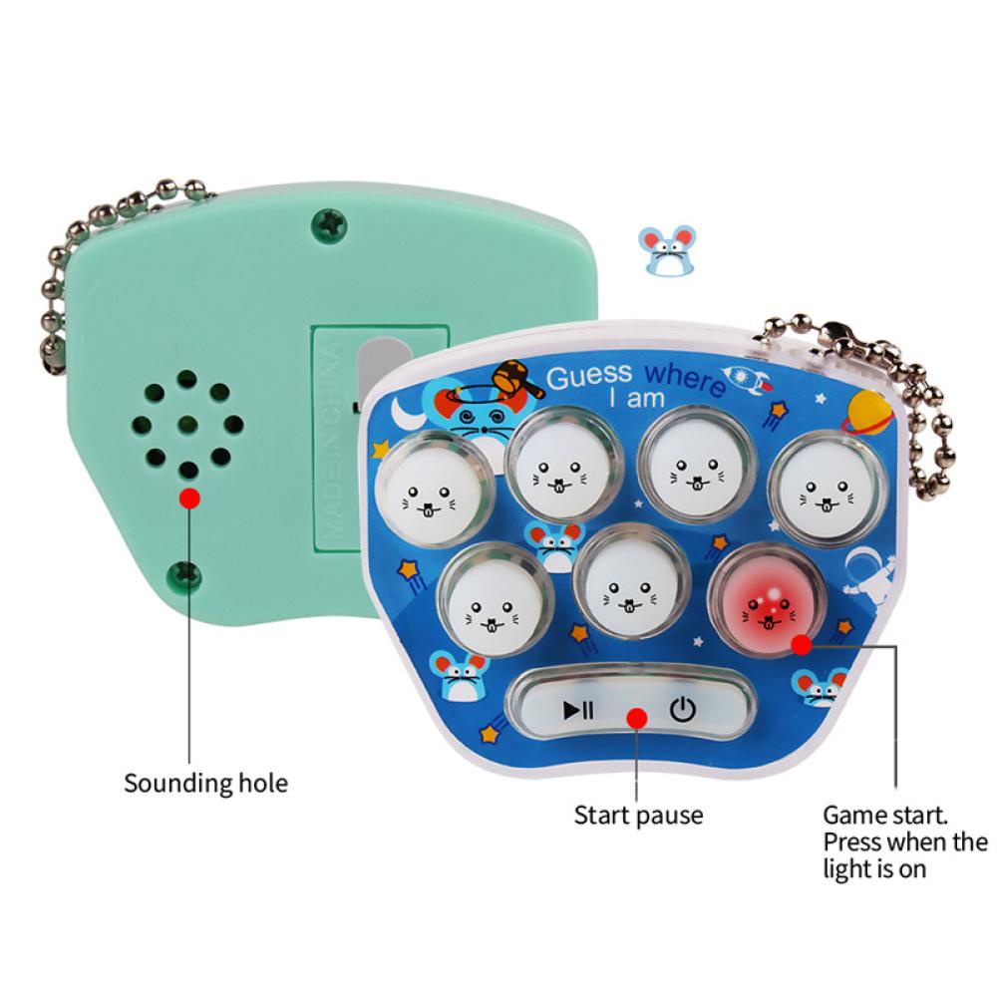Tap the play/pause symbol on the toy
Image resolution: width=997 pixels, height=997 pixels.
pos(578,711)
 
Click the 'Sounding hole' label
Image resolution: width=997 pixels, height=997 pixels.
pos(205,783)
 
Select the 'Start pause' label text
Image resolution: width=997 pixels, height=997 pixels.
pos(638,815)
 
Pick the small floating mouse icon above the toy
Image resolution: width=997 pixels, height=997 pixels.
pos(666,250)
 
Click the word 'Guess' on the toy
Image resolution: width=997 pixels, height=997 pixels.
pos(590,377)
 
